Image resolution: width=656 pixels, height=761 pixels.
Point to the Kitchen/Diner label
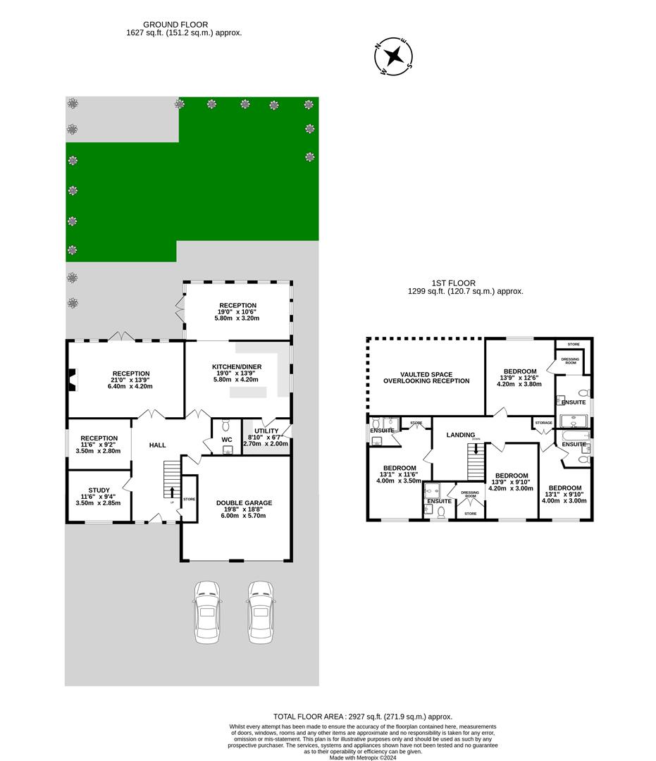[237, 367]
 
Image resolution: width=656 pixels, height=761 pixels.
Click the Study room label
[99, 490]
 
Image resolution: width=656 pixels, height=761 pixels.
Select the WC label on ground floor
[227, 440]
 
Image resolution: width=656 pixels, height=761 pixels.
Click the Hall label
[158, 445]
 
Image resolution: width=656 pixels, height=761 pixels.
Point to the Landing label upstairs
[461, 435]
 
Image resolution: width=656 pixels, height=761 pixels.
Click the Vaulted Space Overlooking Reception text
[426, 378]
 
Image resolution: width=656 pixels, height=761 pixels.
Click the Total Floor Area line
[363, 717]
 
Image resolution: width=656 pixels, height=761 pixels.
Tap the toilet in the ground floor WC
[225, 425]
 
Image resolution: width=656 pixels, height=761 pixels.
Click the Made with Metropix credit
[363, 757]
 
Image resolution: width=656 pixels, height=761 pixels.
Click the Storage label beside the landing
[543, 423]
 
